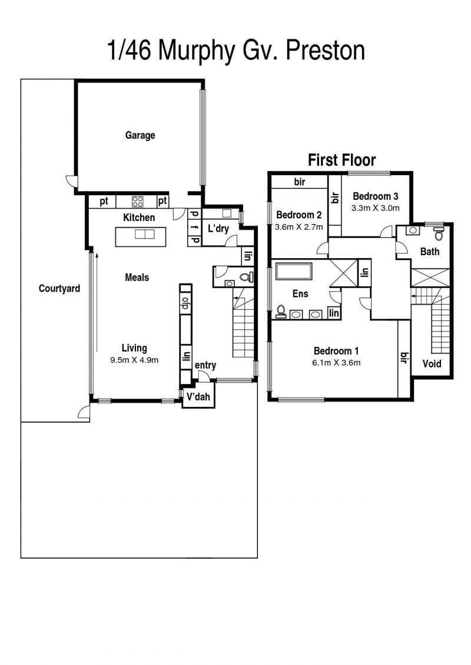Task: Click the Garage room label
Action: click(140, 135)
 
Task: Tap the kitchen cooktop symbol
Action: click(137, 201)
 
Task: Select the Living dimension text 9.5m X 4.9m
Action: click(134, 360)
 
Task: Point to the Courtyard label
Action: click(59, 289)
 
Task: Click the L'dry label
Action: click(218, 229)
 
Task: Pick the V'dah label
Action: click(198, 396)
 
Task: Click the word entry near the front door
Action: click(205, 365)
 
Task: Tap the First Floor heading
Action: click(342, 161)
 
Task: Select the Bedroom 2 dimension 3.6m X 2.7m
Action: click(299, 227)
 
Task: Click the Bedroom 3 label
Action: click(376, 196)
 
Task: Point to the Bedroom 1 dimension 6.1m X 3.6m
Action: click(336, 363)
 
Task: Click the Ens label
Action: click(300, 293)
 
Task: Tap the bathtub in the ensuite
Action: click(294, 272)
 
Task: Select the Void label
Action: click(432, 364)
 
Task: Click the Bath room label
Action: click(430, 252)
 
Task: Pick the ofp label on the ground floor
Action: click(185, 303)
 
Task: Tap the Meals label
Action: click(137, 278)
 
